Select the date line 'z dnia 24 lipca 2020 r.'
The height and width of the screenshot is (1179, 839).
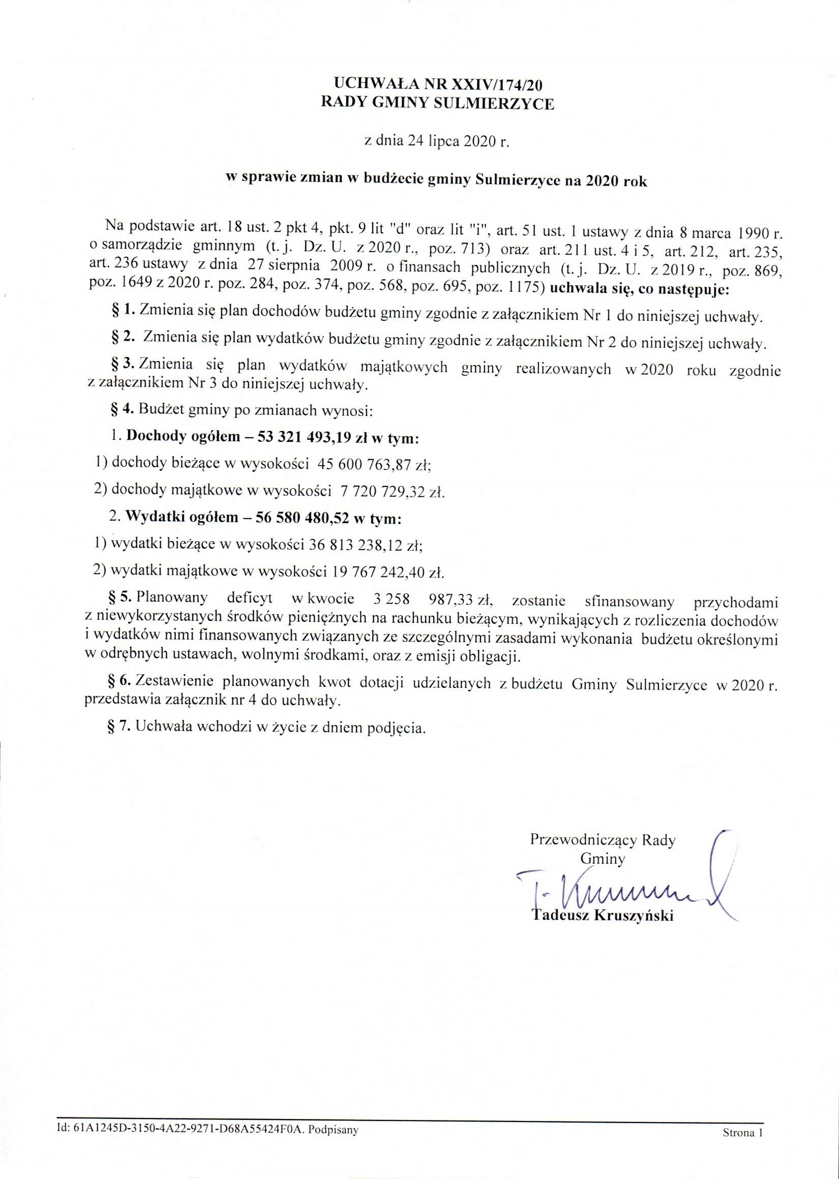coord(437,142)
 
